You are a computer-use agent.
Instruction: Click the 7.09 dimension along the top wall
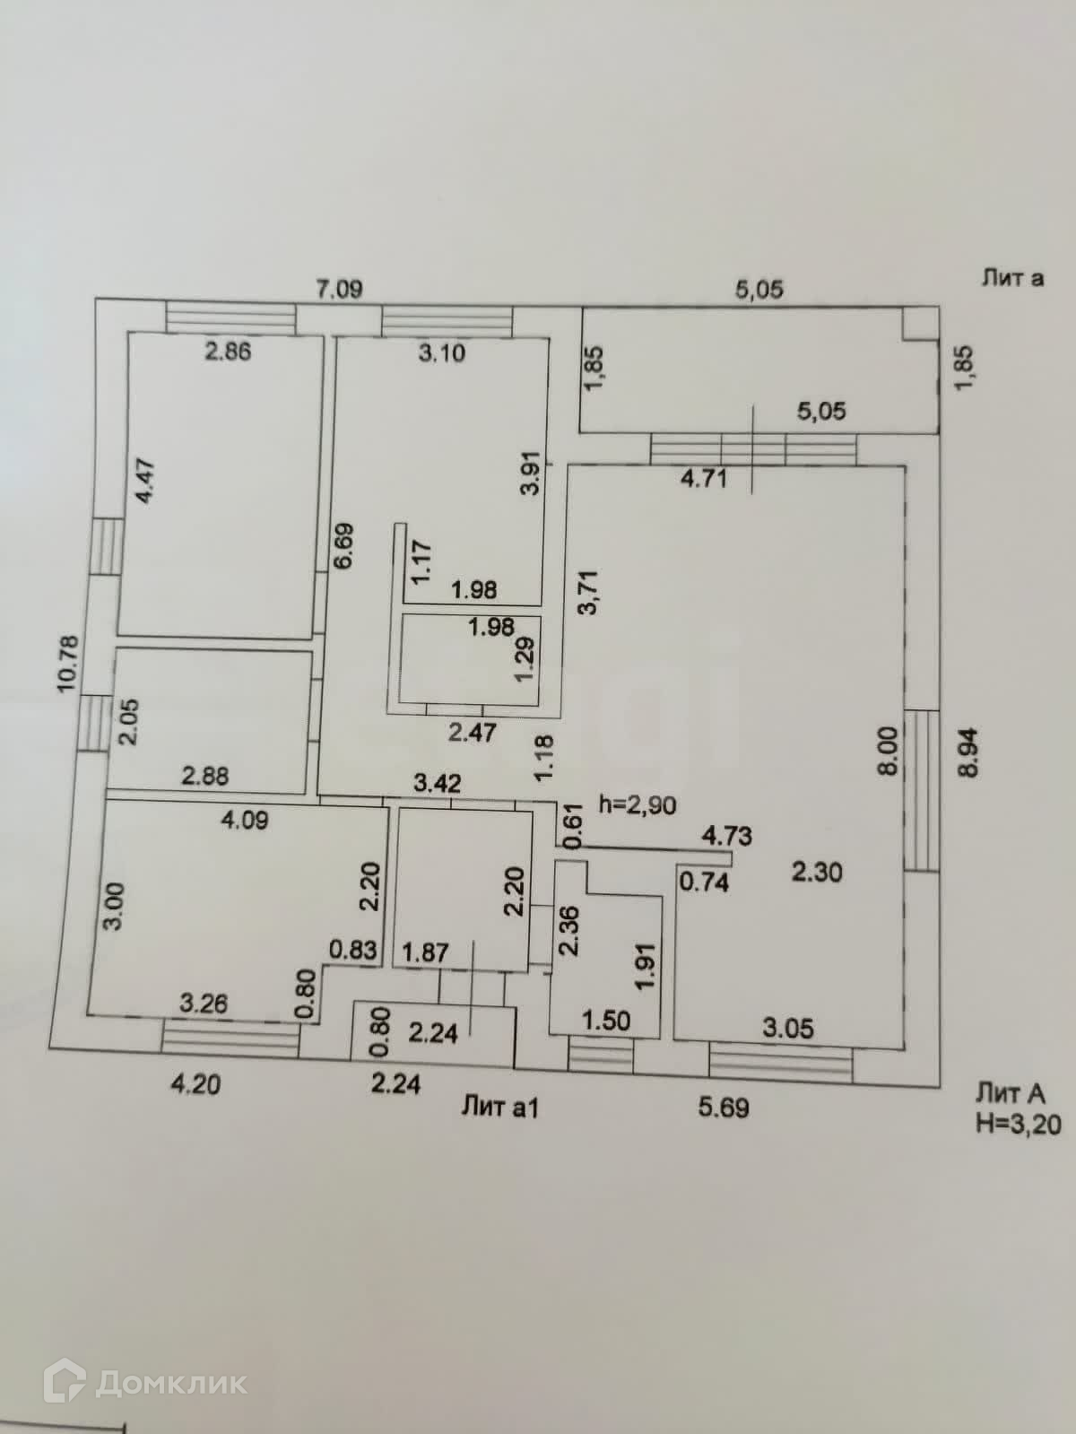click(x=339, y=289)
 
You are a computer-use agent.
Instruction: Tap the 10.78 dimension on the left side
click(x=69, y=664)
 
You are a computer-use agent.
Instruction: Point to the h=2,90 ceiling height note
click(x=638, y=804)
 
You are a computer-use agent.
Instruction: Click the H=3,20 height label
click(x=1018, y=1122)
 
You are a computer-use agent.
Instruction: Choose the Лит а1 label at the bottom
click(x=500, y=1108)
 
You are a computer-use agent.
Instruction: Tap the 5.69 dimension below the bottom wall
click(x=724, y=1108)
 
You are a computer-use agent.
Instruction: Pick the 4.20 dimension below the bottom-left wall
click(x=195, y=1084)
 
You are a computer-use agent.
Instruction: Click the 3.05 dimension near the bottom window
click(x=788, y=1028)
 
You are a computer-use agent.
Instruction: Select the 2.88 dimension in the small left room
click(x=205, y=776)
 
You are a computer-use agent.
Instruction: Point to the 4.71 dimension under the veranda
click(x=704, y=478)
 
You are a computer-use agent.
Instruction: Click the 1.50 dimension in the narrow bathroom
click(x=607, y=1020)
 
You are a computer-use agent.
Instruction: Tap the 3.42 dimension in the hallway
click(x=437, y=783)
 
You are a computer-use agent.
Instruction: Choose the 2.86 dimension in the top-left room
click(x=228, y=351)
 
